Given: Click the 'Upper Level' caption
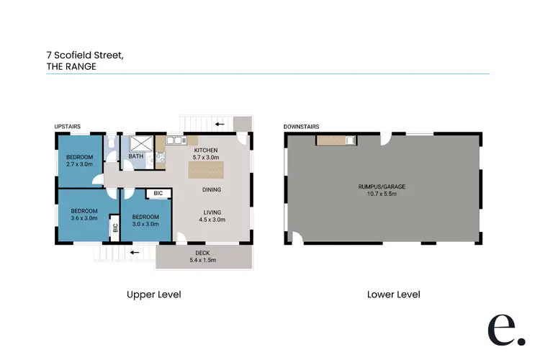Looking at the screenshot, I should tap(153, 294).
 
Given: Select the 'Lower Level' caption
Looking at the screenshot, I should tap(393, 294).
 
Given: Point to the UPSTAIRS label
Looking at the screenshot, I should tap(68, 127).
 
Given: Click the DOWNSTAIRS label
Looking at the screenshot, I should tap(301, 127).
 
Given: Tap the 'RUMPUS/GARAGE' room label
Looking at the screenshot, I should tap(382, 186).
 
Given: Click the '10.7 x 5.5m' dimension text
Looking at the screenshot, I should tap(382, 194).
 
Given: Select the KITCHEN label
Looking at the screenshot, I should tap(205, 150).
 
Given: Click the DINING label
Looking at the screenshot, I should tap(211, 190).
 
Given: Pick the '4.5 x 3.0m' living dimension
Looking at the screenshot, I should tap(211, 220).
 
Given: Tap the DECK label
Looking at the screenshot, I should tap(202, 253).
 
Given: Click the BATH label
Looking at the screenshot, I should tap(135, 156).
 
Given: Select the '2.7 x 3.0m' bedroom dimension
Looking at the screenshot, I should tap(79, 164).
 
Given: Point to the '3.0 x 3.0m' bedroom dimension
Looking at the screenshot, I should tap(145, 224).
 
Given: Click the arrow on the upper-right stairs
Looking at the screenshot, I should tap(219, 124).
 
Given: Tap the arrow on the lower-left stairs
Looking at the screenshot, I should tap(134, 253).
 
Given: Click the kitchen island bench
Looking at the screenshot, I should tap(204, 170).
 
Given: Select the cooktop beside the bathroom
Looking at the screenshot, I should tap(160, 154).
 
